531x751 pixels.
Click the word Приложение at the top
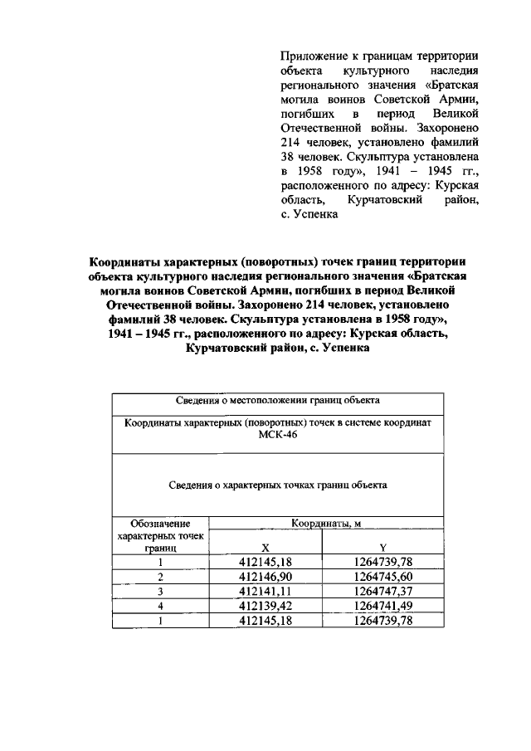313,56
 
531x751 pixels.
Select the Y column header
382,549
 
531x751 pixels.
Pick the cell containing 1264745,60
382,577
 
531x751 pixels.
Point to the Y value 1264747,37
382,591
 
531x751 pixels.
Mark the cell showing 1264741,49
382,606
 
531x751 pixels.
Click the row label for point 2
161,577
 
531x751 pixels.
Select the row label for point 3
161,591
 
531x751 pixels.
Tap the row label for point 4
161,606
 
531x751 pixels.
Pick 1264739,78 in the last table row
382,620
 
